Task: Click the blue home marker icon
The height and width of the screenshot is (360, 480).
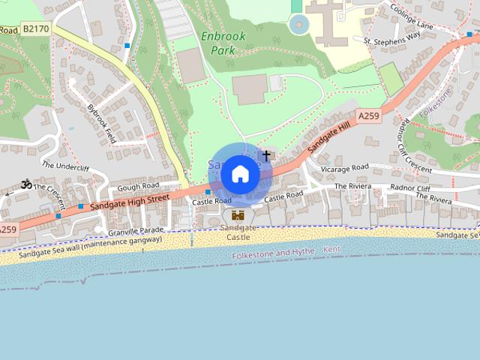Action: [x=240, y=175]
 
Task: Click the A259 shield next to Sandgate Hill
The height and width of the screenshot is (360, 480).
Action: [x=368, y=116]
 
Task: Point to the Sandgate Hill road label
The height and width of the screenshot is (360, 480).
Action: [x=331, y=137]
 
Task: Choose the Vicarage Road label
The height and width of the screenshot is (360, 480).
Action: [x=344, y=167]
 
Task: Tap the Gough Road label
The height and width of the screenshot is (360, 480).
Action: [x=139, y=185]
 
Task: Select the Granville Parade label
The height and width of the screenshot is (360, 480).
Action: [x=136, y=229]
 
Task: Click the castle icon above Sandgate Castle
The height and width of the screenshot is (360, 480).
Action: [x=238, y=215]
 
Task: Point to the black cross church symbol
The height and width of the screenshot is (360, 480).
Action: [x=266, y=154]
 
